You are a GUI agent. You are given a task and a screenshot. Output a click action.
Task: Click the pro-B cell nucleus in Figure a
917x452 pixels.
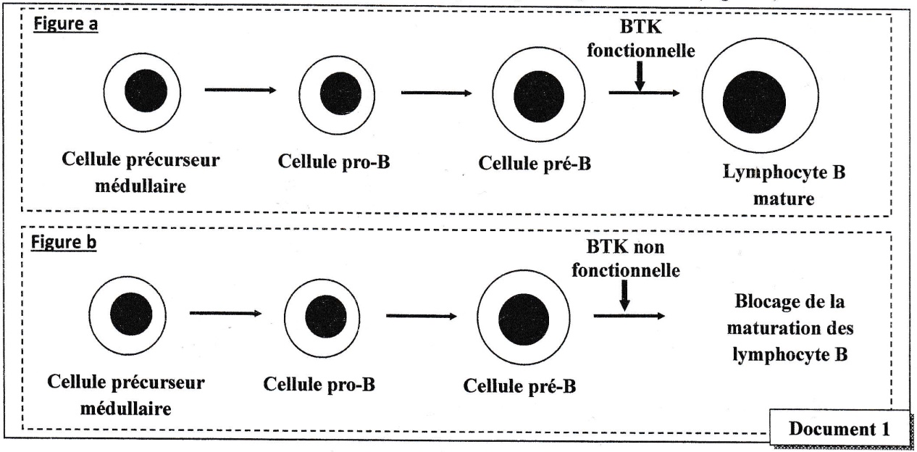pos(335,95)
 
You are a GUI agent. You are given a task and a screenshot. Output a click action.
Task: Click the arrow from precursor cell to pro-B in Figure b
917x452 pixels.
pos(225,314)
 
